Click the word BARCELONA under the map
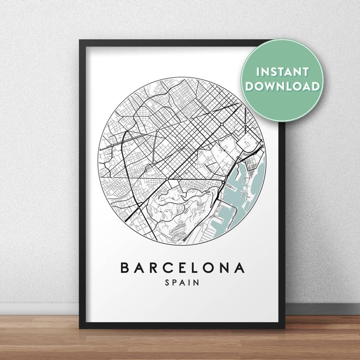[x=183, y=268]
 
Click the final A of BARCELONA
[x=240, y=268]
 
